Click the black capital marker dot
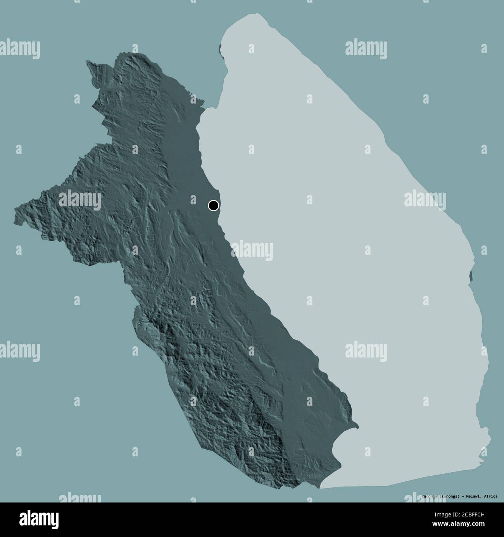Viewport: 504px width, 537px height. click(213, 205)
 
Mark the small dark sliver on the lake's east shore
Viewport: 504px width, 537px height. click(471, 276)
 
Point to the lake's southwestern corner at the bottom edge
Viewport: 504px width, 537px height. click(320, 488)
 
